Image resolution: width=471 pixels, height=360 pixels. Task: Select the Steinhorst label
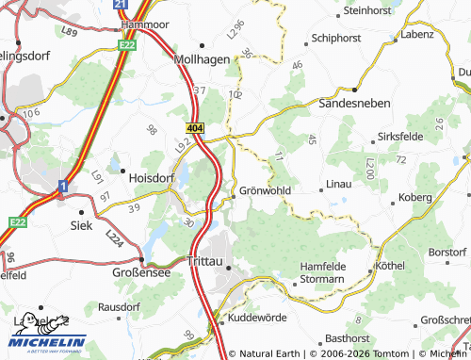[x=367, y=10]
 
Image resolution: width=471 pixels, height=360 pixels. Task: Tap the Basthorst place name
[x=346, y=337]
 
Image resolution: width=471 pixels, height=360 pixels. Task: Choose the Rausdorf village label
[x=119, y=306]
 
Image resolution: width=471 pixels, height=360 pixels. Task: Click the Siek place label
[x=82, y=225]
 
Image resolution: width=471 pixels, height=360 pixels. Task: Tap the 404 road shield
[x=194, y=126]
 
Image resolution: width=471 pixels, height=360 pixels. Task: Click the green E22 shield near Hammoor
[x=127, y=43]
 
